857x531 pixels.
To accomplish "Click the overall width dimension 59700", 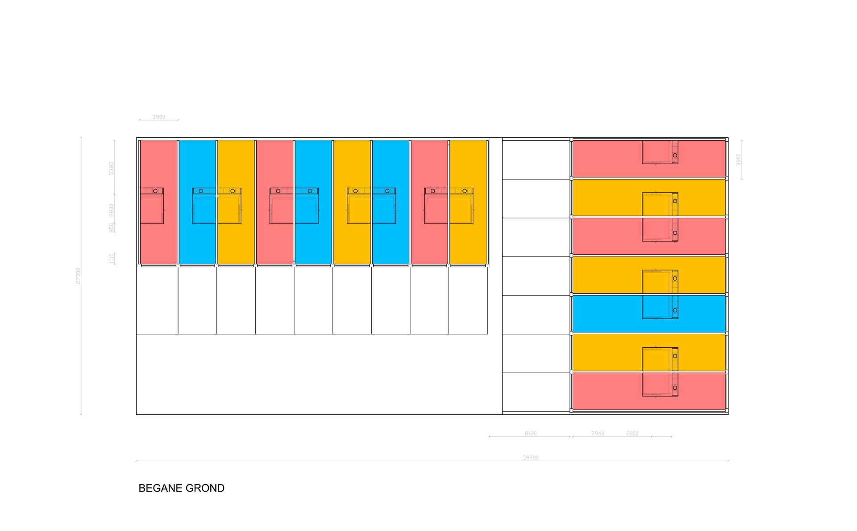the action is tap(530, 458).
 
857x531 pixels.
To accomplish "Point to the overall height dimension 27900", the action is tap(79, 276).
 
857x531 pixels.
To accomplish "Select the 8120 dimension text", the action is tap(530, 434).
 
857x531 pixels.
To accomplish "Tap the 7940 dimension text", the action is tap(598, 434).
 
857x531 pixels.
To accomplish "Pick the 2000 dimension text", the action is tap(632, 434).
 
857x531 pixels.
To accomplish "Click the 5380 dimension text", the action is tap(112, 169).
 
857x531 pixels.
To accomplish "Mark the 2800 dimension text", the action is tap(112, 210).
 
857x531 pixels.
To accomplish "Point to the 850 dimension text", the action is tap(112, 228).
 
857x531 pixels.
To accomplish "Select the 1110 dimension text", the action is tap(112, 258).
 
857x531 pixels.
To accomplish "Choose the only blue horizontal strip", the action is tap(607, 314).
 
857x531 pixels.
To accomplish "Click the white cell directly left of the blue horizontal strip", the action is tap(536, 315).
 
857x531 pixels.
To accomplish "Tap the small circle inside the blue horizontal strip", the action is tap(675, 310).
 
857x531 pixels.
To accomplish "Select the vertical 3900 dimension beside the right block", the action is tap(738, 160).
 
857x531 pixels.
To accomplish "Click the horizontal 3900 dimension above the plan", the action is tap(158, 117).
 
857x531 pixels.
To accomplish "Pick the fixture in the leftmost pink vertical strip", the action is tap(152, 206).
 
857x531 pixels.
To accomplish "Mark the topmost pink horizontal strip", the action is tap(607, 159).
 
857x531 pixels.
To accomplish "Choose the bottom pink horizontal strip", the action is tap(607, 391).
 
